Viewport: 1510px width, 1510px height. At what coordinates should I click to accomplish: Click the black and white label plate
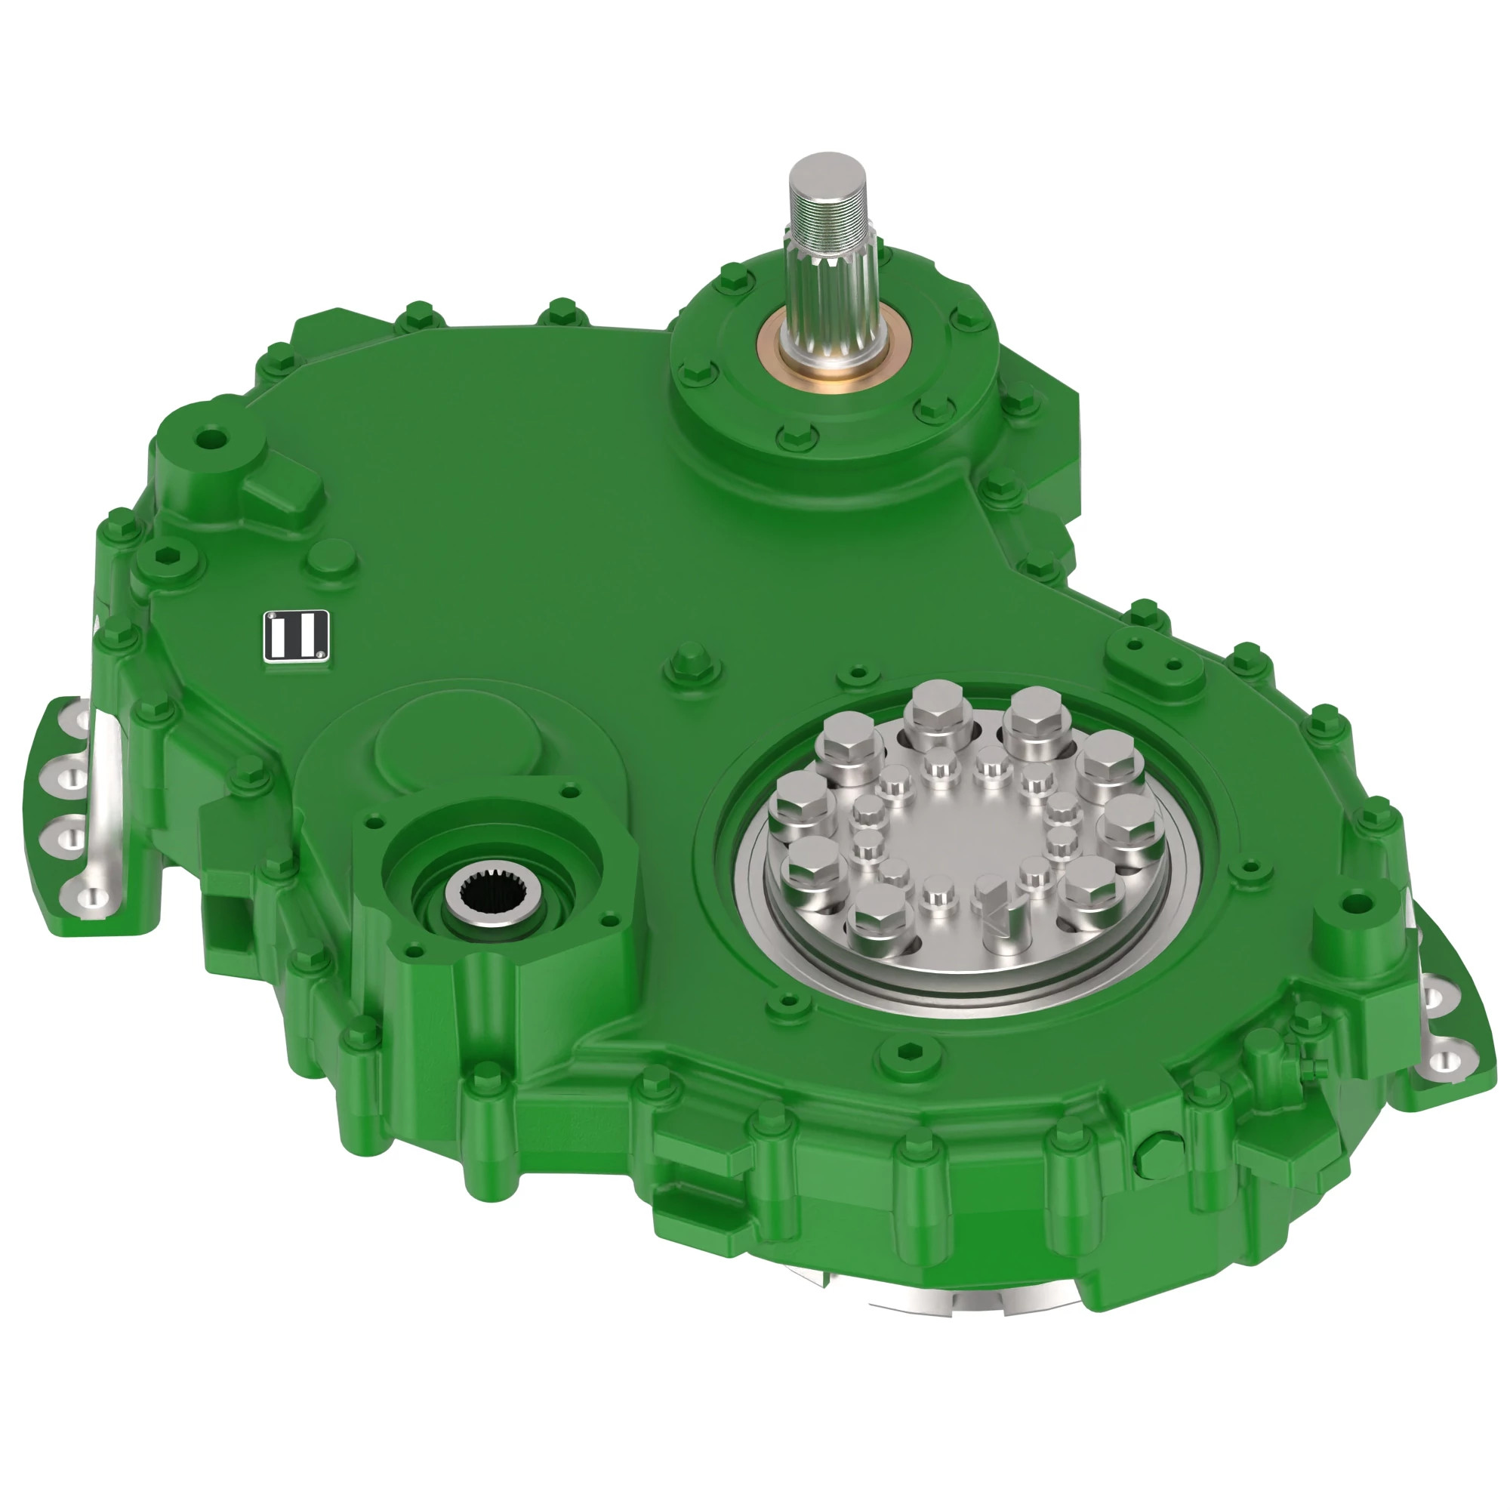[x=296, y=636]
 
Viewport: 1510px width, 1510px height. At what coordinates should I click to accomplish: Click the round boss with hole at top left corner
[x=209, y=439]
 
